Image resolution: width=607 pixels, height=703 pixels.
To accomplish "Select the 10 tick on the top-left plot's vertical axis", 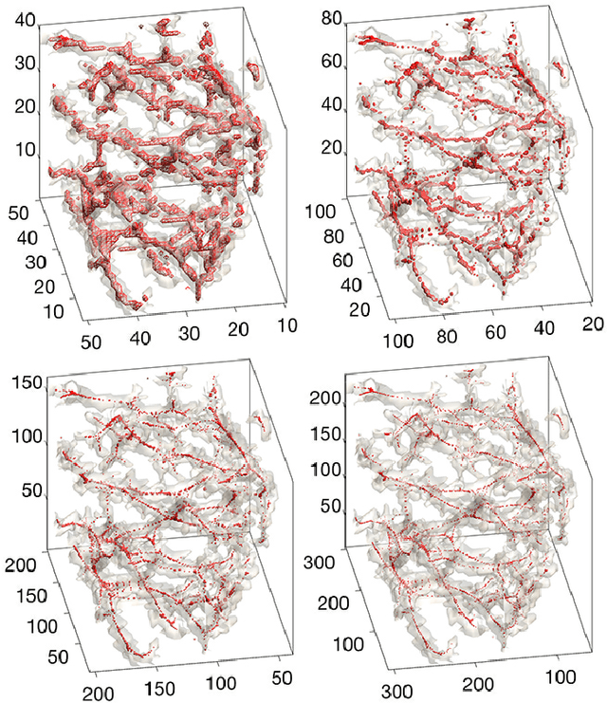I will tap(22, 150).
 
